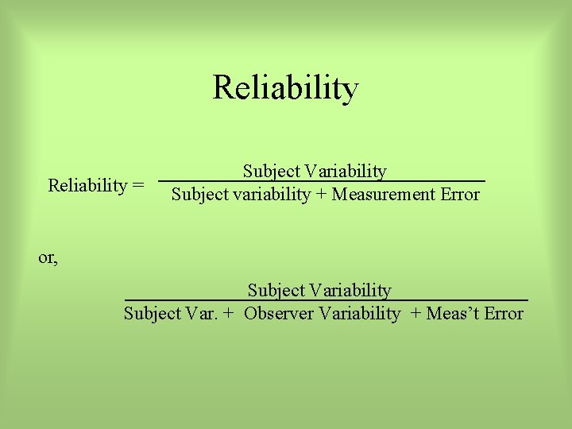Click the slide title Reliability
(x=285, y=88)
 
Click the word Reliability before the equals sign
(x=87, y=186)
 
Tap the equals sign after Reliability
(x=138, y=187)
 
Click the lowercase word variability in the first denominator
(x=272, y=195)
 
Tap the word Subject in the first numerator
(x=270, y=172)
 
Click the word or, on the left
(x=48, y=258)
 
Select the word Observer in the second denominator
(x=278, y=314)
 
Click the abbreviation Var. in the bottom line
(x=203, y=314)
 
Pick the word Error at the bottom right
(x=504, y=314)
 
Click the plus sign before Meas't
(x=416, y=315)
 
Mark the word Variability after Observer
(x=359, y=314)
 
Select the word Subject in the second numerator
(x=275, y=291)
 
